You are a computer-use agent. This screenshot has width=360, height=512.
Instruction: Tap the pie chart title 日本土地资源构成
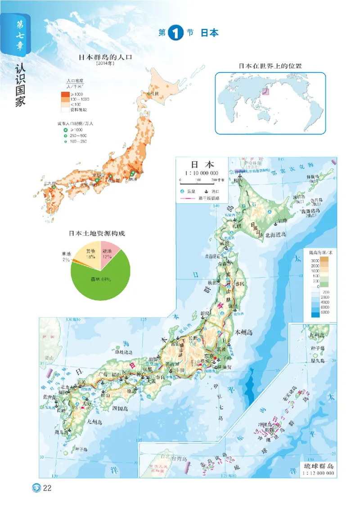(97, 234)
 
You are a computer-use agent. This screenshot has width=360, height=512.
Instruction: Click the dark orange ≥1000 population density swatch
(65, 94)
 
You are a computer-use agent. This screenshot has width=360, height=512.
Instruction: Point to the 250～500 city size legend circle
(66, 135)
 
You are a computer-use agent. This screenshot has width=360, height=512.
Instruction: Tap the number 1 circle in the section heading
(175, 34)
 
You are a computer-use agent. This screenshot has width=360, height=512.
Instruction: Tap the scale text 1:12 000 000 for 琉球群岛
(318, 473)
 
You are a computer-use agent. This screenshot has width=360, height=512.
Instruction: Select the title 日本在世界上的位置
(270, 66)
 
